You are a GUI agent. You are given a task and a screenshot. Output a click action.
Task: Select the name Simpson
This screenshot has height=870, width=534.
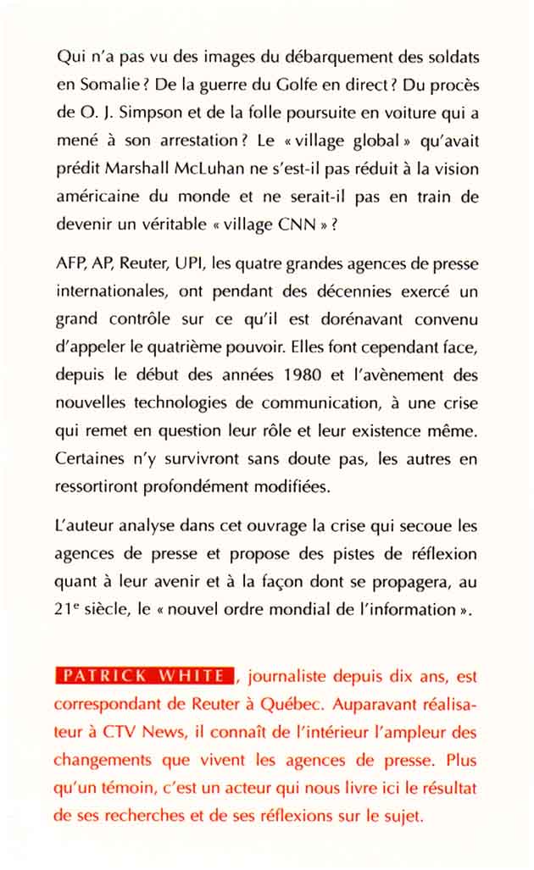141,113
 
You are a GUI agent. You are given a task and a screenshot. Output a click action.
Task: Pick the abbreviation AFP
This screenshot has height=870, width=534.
70,263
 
